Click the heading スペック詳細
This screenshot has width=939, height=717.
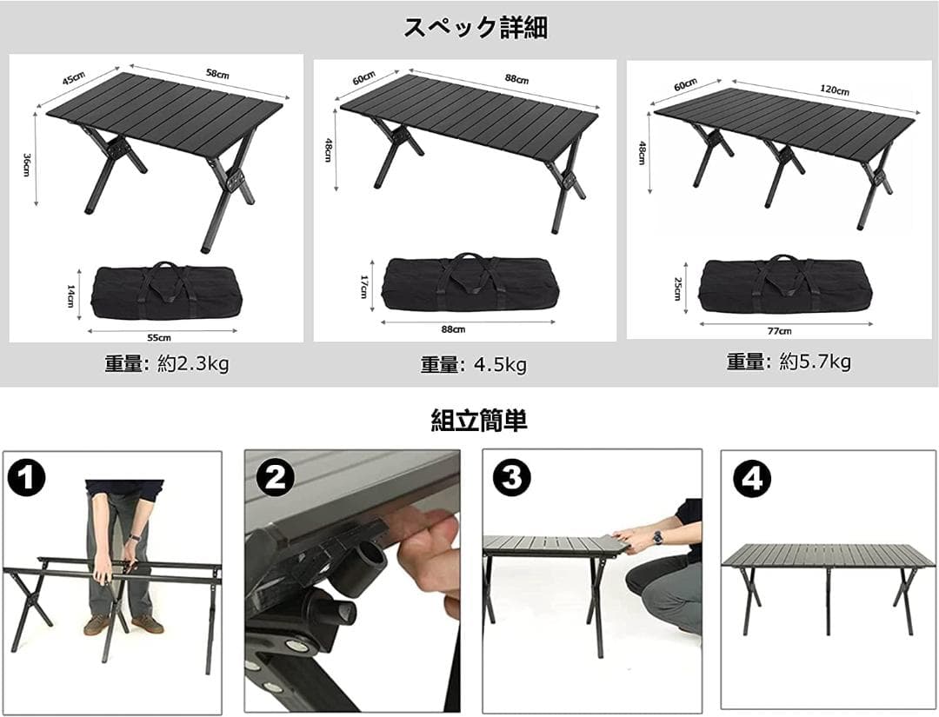point(476,27)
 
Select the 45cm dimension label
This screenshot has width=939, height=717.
point(73,79)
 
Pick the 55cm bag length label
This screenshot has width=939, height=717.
point(158,336)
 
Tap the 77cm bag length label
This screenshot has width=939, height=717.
point(780,330)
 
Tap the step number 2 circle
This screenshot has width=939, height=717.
point(275,478)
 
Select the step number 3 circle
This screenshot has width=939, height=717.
point(512,478)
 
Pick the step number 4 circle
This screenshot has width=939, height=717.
point(751,478)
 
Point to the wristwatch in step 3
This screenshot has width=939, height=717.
point(658,538)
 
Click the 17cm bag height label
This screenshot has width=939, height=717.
point(363,286)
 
